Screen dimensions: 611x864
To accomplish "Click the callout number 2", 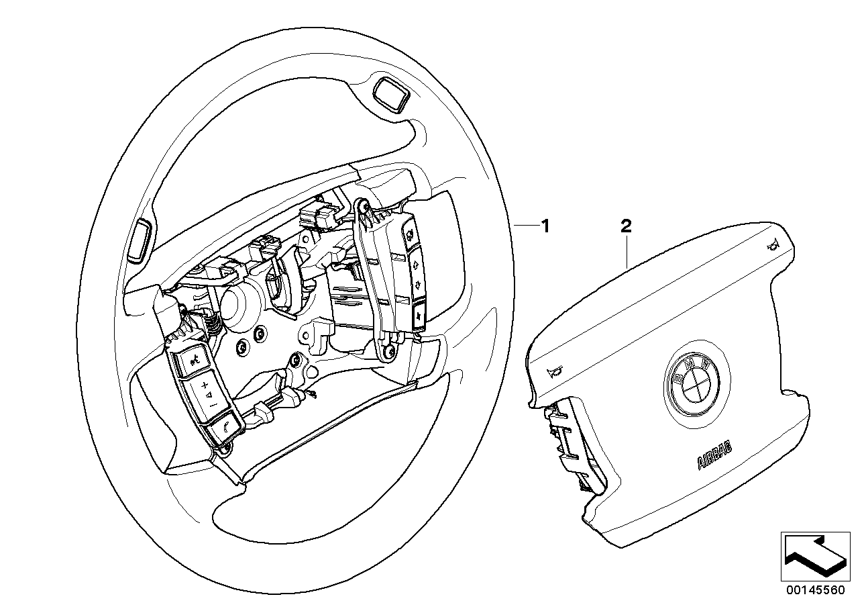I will (625, 227).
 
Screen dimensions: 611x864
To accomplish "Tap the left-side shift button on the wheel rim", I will (139, 238).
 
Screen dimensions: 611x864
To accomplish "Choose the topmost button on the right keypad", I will (408, 235).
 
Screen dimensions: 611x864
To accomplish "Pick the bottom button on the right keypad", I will (419, 314).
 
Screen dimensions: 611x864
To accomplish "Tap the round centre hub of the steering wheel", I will (237, 305).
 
